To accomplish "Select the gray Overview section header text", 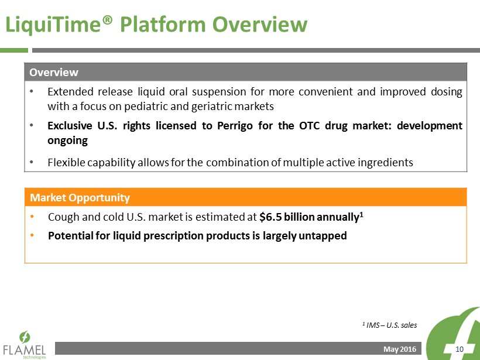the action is pos(54,72).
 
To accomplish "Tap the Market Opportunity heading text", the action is pos(80,198).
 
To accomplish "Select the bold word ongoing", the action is pos(68,141).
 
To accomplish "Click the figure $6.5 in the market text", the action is pos(270,217).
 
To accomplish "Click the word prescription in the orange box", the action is pos(174,236).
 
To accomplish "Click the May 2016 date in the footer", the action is pos(400,349).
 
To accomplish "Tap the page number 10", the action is pos(460,349).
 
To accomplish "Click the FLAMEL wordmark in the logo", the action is pos(25,350).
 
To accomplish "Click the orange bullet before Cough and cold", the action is pos(32,217).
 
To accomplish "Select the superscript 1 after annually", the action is pos(362,214).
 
